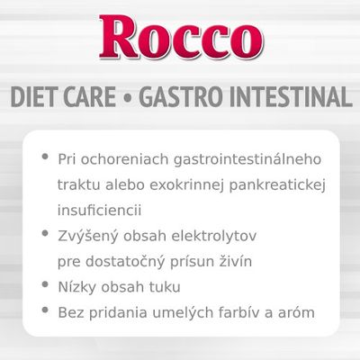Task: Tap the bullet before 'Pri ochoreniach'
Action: point(44,156)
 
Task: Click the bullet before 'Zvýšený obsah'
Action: point(44,234)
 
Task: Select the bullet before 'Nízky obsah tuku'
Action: point(44,288)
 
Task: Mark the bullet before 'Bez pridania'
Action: point(44,314)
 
